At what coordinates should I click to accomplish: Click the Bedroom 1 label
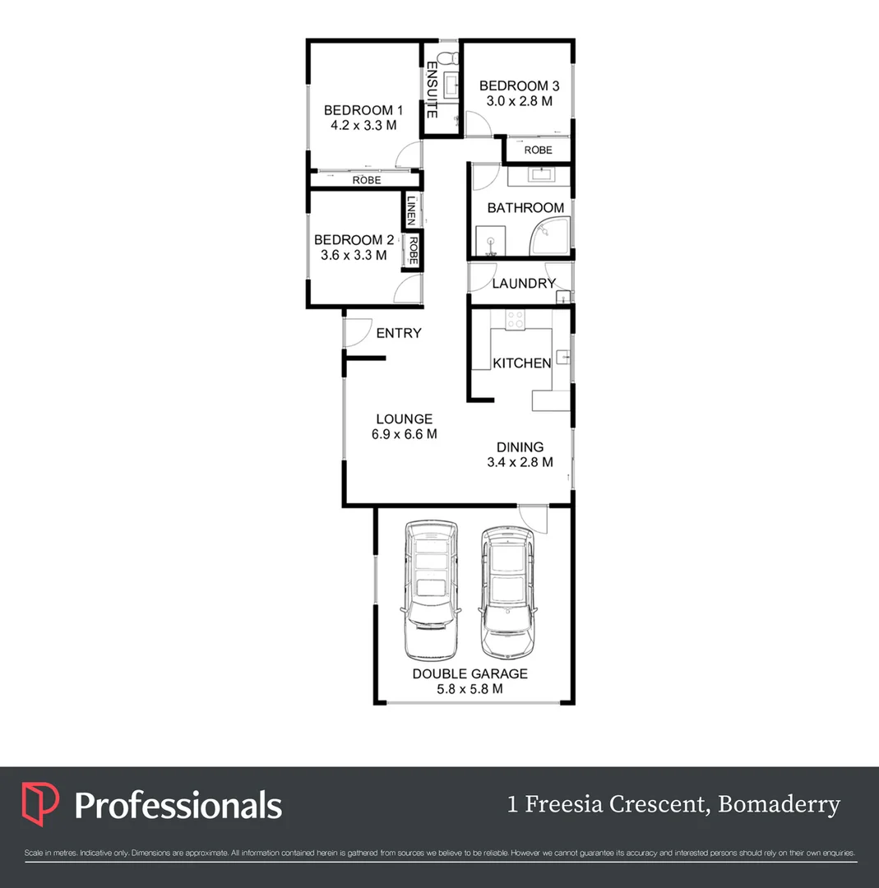click(363, 110)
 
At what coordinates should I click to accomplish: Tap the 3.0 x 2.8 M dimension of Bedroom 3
click(519, 101)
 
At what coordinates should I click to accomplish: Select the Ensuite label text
click(432, 91)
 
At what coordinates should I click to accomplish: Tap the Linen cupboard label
click(411, 210)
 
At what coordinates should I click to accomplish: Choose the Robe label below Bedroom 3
click(539, 150)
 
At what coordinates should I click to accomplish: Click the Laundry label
click(524, 284)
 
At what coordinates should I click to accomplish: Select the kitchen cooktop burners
click(516, 320)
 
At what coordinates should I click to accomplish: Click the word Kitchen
click(521, 363)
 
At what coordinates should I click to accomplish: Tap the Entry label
click(399, 333)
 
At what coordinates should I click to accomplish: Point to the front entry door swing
click(357, 333)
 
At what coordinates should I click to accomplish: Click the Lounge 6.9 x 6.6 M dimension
click(404, 434)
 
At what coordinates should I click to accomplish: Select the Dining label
click(520, 447)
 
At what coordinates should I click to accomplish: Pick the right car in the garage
click(507, 592)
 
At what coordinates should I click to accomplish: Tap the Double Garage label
click(470, 673)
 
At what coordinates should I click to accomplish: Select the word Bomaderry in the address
click(779, 804)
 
